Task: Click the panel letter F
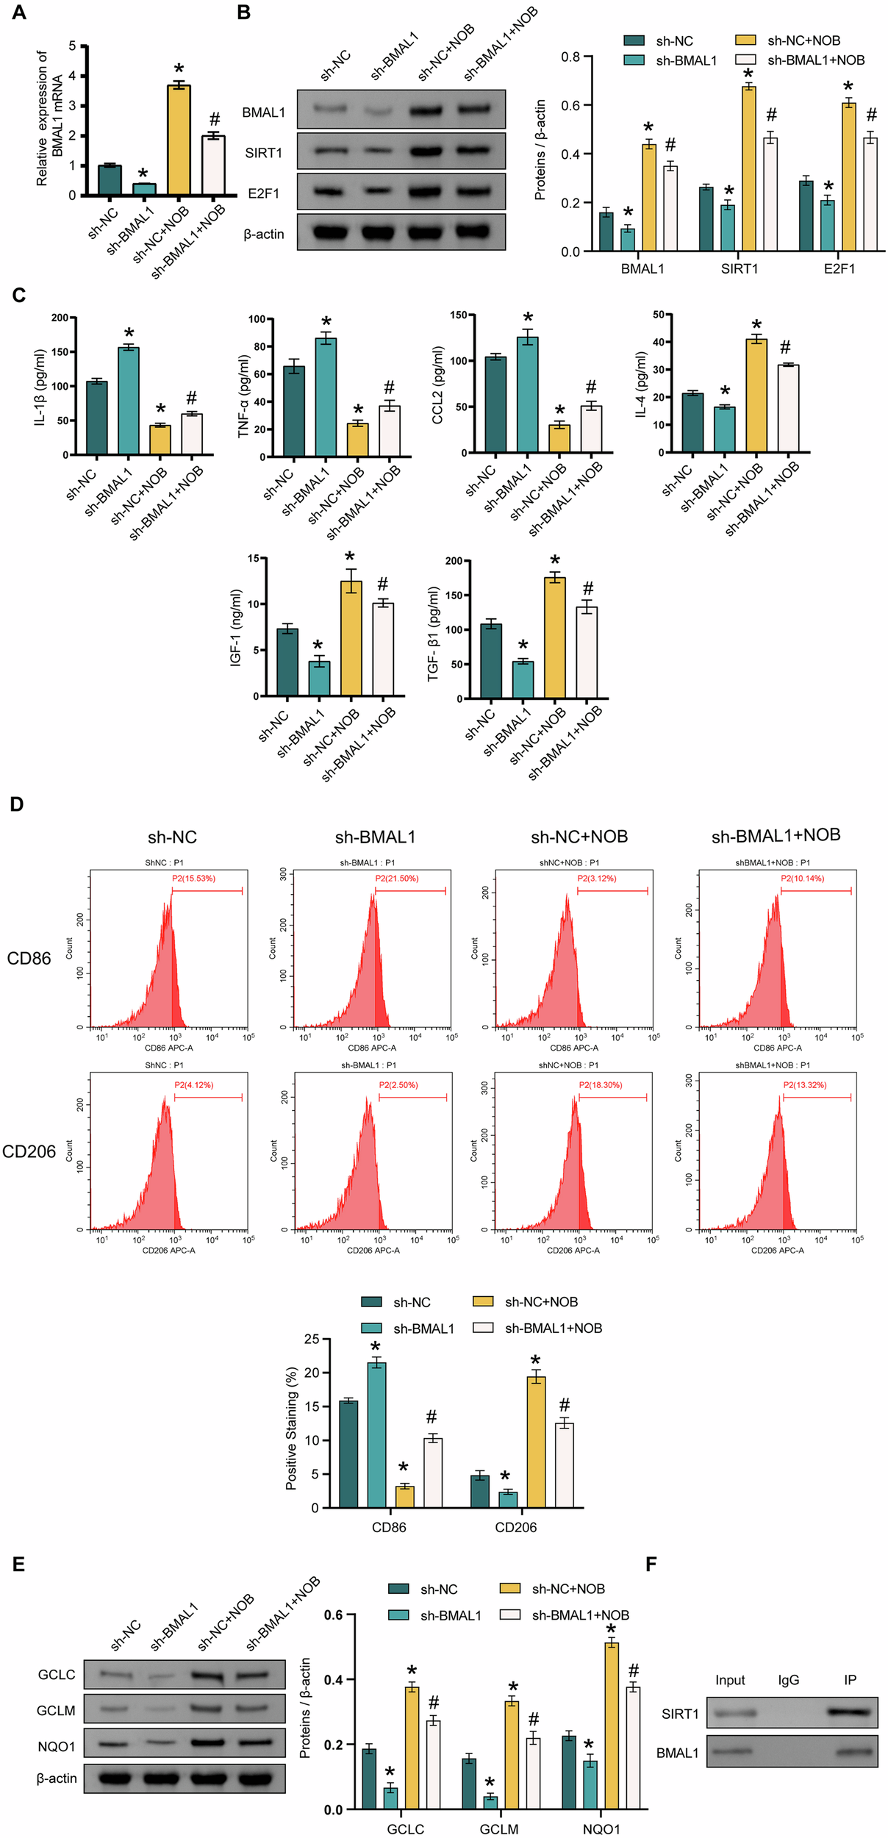point(651,1564)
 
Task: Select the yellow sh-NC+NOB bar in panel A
point(179,140)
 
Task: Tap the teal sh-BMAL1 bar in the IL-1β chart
point(129,401)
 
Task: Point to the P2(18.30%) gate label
point(601,1085)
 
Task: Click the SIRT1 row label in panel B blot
point(264,153)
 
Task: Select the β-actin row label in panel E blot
point(57,1778)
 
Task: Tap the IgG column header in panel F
point(788,1680)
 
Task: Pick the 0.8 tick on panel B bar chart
point(570,57)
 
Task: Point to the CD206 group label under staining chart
point(515,1527)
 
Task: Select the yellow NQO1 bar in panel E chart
point(611,1726)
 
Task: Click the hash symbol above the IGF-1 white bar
point(382,584)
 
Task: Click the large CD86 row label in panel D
point(29,958)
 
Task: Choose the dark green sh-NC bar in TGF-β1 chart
point(490,660)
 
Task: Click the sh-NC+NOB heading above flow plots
point(579,837)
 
